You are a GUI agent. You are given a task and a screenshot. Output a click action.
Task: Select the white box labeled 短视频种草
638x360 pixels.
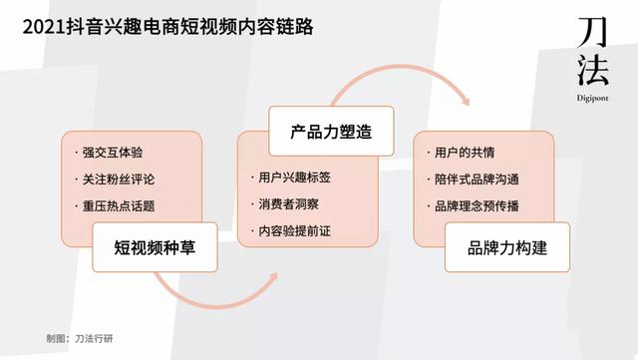click(x=154, y=247)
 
